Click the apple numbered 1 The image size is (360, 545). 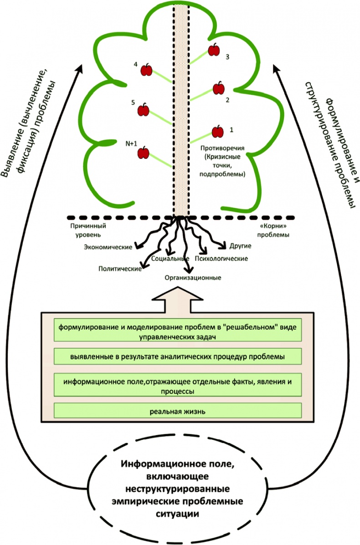point(218,132)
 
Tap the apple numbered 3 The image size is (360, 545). point(214,50)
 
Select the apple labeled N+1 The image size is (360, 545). point(144,153)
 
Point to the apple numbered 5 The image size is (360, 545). point(144,109)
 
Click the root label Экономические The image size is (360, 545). point(108,247)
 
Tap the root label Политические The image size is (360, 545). point(119,269)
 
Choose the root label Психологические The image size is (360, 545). point(221,259)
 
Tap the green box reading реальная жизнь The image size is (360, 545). point(178,411)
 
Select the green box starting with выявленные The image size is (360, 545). point(178,357)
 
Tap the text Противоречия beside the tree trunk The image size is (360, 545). point(223,148)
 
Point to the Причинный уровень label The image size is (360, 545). point(85,230)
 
